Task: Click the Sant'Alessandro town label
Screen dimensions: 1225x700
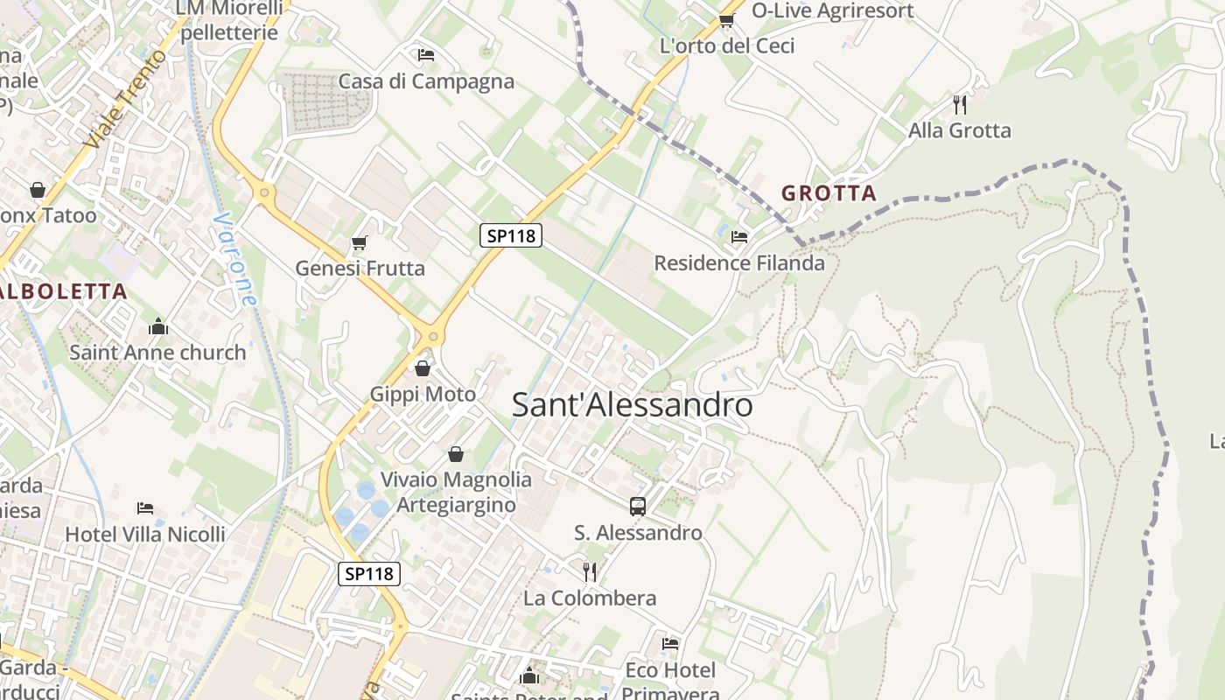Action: pyautogui.click(x=632, y=405)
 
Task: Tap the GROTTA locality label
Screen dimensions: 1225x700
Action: pyautogui.click(x=829, y=193)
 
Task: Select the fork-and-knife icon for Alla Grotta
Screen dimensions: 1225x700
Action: pyautogui.click(x=960, y=105)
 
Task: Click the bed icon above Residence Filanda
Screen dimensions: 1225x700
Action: pyautogui.click(x=739, y=236)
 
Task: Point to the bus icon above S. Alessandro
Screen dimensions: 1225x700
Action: pyautogui.click(x=638, y=506)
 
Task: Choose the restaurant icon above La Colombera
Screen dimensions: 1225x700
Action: pyautogui.click(x=591, y=572)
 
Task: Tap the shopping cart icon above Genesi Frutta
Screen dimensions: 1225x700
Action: pyautogui.click(x=359, y=242)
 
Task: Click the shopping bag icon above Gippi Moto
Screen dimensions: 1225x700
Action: pyautogui.click(x=423, y=368)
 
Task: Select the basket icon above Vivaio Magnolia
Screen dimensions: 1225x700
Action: pyautogui.click(x=456, y=453)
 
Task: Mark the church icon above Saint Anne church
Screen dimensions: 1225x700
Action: pyautogui.click(x=158, y=326)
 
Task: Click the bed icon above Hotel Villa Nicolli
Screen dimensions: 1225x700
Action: pyautogui.click(x=145, y=507)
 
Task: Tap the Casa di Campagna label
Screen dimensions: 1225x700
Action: pyautogui.click(x=426, y=81)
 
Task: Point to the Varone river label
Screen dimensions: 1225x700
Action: pyautogui.click(x=235, y=260)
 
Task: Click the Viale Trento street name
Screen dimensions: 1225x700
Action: pyautogui.click(x=126, y=98)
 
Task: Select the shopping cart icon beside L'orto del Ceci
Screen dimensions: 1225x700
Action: pyautogui.click(x=726, y=19)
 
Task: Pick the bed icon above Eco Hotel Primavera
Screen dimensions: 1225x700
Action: pyautogui.click(x=670, y=644)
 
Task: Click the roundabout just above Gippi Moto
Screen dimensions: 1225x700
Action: pyautogui.click(x=430, y=335)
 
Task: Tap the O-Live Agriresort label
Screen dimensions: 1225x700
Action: pyautogui.click(x=832, y=10)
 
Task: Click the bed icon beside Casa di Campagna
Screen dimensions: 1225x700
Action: pyautogui.click(x=426, y=55)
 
